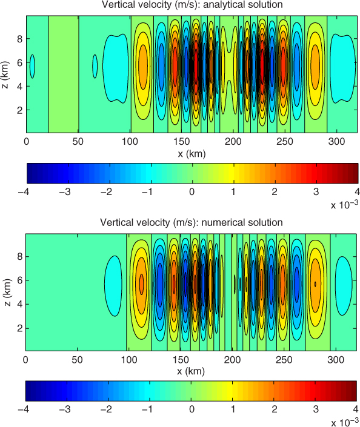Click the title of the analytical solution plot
point(192,5)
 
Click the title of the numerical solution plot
point(192,222)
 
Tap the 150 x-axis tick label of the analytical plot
point(181,142)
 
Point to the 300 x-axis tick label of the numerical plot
point(336,360)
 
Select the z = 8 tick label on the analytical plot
point(19,39)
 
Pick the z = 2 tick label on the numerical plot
point(19,328)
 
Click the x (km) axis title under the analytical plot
point(192,154)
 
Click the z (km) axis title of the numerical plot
point(8,292)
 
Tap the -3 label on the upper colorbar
point(65,192)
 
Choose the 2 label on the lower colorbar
point(275,409)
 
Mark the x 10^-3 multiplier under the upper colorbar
point(344,205)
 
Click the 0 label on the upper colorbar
point(192,192)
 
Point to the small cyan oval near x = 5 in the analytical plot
point(32,67)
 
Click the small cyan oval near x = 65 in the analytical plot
point(95,67)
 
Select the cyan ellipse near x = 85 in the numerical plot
point(113,286)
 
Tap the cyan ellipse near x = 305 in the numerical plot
point(344,286)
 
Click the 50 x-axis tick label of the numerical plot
point(77,360)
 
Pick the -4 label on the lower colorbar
point(24,409)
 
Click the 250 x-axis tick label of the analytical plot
point(285,142)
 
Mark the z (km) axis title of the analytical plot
point(5,74)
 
